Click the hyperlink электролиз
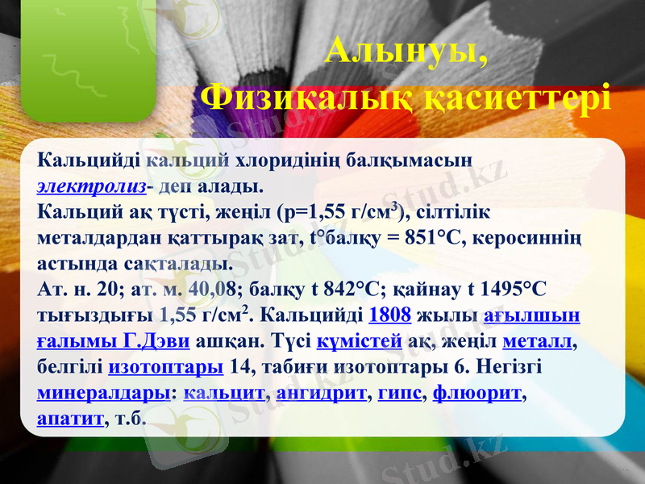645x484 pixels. coord(92,186)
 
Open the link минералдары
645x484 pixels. coord(102,393)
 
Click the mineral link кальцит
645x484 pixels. coord(225,393)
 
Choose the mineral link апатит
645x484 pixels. coord(71,419)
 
